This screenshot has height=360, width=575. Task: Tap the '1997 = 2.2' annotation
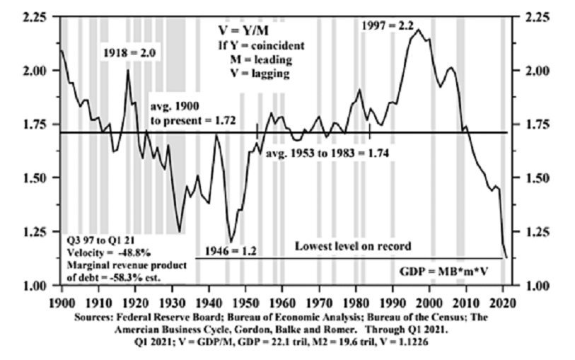386,25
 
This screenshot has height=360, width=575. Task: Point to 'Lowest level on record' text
353,246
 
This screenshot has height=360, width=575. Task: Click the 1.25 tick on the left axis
35,231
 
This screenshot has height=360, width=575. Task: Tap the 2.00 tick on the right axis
533,70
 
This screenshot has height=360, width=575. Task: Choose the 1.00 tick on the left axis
35,285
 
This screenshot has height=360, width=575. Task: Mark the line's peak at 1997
418,30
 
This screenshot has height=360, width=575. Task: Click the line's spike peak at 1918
128,69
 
